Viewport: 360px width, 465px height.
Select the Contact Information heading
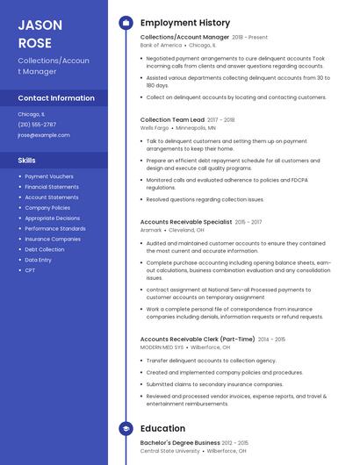(x=56, y=98)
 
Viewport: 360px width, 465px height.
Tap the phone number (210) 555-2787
(x=37, y=125)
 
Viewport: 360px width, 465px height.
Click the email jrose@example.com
(x=44, y=135)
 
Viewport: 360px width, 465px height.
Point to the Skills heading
(x=27, y=161)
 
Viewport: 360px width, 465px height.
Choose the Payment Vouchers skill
(x=49, y=176)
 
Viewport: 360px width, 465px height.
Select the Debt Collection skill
(x=45, y=249)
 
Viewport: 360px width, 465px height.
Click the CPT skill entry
(x=30, y=270)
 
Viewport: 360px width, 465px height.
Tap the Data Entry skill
(x=39, y=260)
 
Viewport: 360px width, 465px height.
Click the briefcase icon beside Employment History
(x=126, y=23)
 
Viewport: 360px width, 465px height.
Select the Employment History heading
(x=185, y=23)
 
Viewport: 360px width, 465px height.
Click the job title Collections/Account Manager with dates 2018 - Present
(x=184, y=37)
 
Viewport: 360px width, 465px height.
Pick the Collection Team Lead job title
(x=172, y=119)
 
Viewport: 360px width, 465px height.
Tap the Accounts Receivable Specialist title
(x=186, y=222)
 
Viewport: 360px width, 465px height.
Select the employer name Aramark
(x=151, y=230)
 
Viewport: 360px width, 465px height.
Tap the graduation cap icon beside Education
(x=126, y=428)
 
